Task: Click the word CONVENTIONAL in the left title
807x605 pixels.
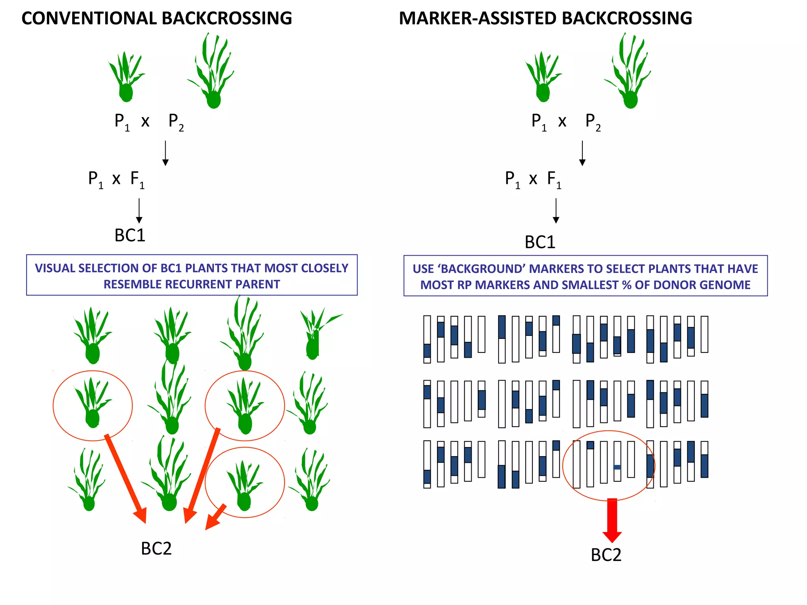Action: [89, 19]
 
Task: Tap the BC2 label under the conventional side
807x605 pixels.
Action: [156, 549]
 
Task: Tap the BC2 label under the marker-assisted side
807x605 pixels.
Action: [606, 555]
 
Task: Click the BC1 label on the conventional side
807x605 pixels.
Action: [130, 236]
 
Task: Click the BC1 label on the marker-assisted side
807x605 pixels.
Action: [540, 242]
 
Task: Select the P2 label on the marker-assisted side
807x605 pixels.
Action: [593, 122]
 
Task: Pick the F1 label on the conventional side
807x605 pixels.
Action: [137, 179]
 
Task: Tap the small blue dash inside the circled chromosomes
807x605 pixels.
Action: [617, 467]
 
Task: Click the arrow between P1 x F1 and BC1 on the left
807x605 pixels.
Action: [139, 211]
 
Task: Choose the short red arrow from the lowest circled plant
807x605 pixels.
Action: [216, 516]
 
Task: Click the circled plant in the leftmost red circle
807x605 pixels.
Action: [93, 404]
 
